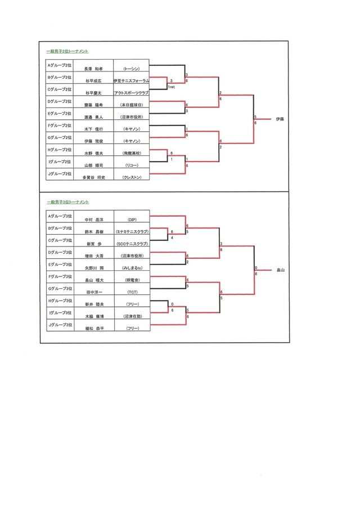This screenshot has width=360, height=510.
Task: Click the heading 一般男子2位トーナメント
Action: click(67, 51)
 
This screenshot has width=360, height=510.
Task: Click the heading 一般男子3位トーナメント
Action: click(67, 201)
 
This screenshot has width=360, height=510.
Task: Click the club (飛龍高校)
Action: click(132, 153)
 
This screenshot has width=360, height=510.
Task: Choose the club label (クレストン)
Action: click(132, 177)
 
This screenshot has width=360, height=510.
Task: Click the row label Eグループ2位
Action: click(59, 114)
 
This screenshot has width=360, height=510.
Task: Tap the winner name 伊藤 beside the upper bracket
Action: click(281, 119)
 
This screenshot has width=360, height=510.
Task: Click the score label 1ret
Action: click(171, 87)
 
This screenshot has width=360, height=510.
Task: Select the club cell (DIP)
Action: click(132, 219)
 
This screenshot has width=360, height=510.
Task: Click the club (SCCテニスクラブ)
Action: click(132, 243)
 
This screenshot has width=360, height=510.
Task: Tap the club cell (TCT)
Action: click(132, 292)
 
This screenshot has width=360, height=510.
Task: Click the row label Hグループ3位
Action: click(59, 301)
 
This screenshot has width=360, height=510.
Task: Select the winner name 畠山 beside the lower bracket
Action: click(281, 270)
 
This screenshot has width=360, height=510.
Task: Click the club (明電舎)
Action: click(132, 280)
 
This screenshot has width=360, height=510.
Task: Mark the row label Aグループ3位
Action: click(59, 216)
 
